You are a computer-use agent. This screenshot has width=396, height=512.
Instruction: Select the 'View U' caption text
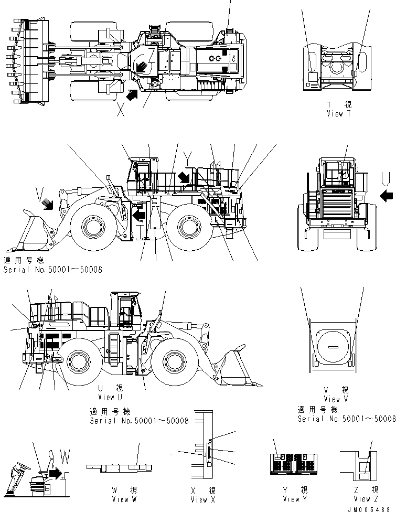[110, 397]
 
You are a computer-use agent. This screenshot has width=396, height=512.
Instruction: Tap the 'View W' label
[124, 499]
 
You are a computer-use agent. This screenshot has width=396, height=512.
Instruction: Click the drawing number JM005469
[372, 508]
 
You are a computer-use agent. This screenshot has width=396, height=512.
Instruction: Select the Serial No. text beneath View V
[347, 418]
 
